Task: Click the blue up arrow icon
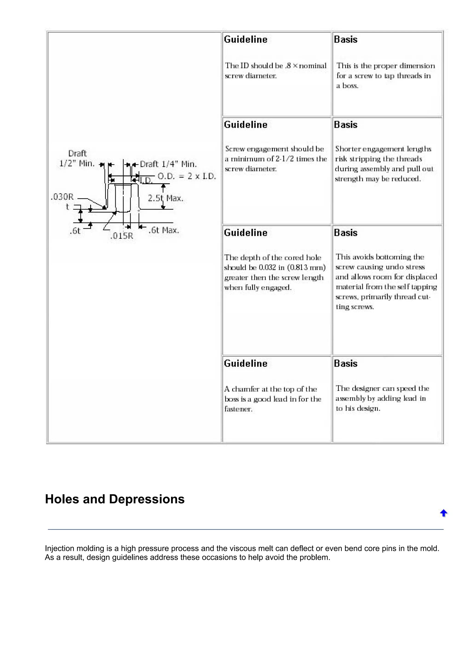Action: coord(443,513)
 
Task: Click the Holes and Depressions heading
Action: coord(115,499)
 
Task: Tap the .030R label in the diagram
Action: coord(62,197)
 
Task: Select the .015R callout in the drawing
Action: coord(122,236)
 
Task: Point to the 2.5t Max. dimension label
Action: coord(165,198)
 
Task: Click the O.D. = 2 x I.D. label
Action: coord(187,176)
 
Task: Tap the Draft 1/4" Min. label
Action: coord(168,164)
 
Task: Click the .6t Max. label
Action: coord(164,230)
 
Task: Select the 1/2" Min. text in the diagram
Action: coord(77,164)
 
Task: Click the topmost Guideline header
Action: coord(246,40)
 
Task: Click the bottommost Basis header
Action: coord(345,363)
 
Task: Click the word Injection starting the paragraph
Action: coord(60,548)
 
